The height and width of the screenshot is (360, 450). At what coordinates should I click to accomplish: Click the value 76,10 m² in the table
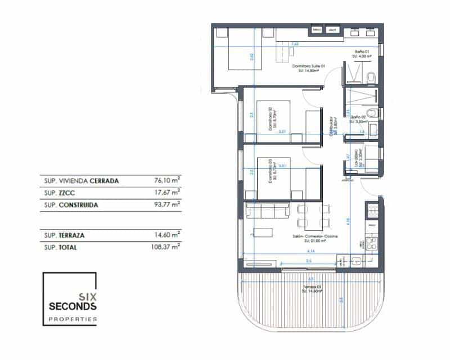167,181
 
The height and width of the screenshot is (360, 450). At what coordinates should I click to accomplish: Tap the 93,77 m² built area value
167,205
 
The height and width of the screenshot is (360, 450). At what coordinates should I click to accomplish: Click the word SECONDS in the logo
73,307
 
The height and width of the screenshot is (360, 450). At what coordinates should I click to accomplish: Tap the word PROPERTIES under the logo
73,319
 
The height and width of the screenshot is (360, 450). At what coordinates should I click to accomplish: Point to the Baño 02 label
358,116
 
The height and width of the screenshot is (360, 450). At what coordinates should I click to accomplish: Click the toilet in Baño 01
371,78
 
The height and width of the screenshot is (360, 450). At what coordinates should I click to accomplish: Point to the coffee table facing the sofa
263,232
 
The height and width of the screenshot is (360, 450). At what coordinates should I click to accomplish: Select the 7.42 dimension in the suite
294,43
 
